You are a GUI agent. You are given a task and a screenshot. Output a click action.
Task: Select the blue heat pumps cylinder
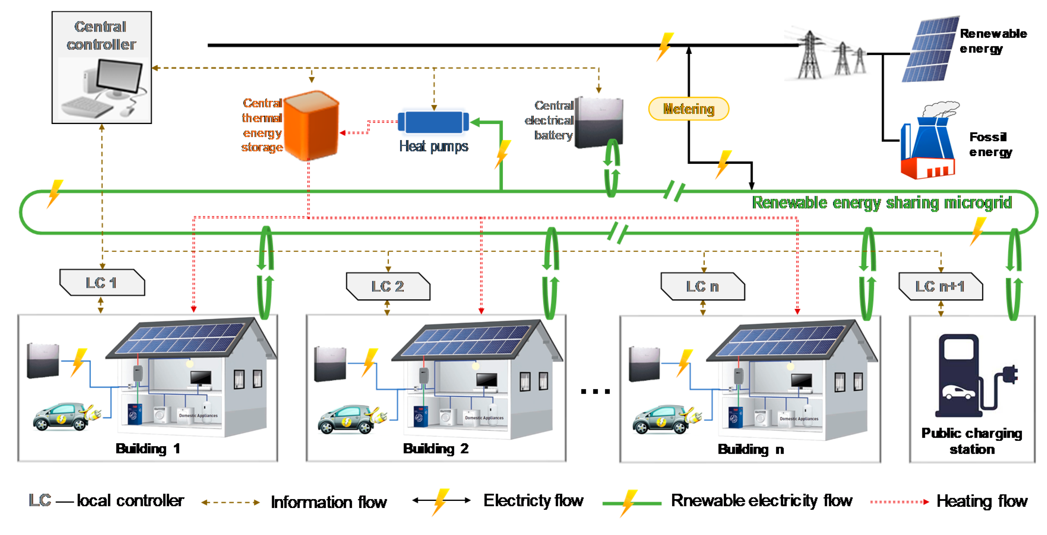pyautogui.click(x=433, y=122)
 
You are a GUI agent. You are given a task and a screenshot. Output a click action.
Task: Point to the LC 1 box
pyautogui.click(x=102, y=282)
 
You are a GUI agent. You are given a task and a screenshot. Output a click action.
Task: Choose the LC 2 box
pyautogui.click(x=388, y=286)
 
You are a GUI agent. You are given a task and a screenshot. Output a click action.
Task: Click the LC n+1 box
pyautogui.click(x=940, y=286)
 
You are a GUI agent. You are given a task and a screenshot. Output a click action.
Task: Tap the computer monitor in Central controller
pyautogui.click(x=119, y=76)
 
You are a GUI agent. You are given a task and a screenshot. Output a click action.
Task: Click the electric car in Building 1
pyautogui.click(x=61, y=416)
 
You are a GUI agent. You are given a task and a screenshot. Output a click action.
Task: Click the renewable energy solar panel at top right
pyautogui.click(x=931, y=49)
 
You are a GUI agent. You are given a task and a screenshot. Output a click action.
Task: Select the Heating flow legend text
pyautogui.click(x=982, y=501)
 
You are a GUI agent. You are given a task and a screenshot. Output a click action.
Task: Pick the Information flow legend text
pyautogui.click(x=328, y=502)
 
